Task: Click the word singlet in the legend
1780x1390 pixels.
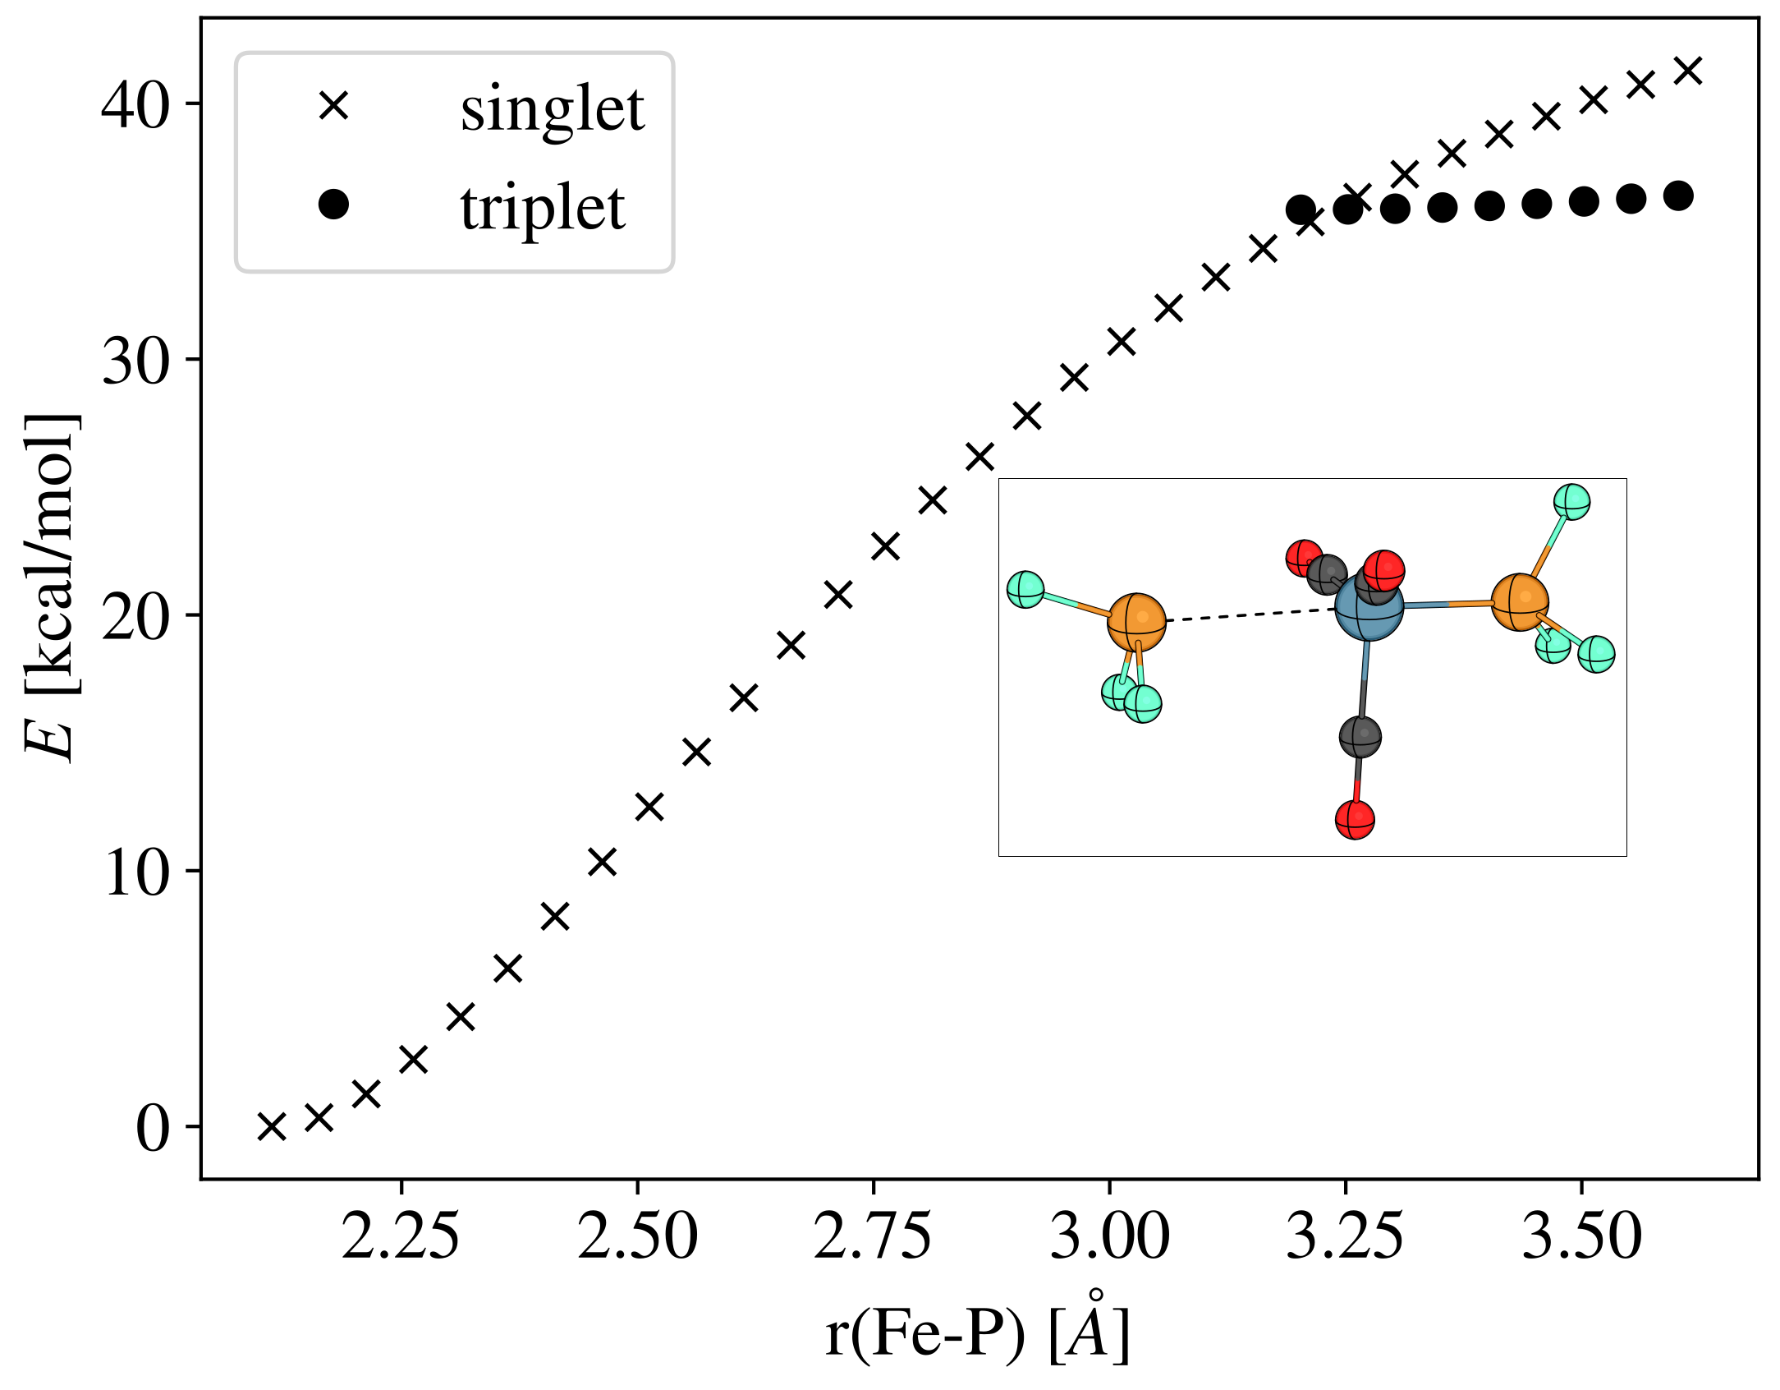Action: pyautogui.click(x=552, y=109)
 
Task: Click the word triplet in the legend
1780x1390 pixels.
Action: pyautogui.click(x=543, y=208)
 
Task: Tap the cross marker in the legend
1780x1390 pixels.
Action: pyautogui.click(x=334, y=106)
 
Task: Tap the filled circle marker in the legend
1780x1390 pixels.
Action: pyautogui.click(x=333, y=204)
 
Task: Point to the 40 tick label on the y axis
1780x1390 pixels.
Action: pyautogui.click(x=135, y=105)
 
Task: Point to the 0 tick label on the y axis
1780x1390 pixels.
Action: pyautogui.click(x=153, y=1129)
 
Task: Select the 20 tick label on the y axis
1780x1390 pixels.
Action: pyautogui.click(x=135, y=617)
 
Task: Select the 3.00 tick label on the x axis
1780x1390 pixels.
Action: pyautogui.click(x=1109, y=1237)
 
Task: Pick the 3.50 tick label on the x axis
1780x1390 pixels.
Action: pyautogui.click(x=1581, y=1237)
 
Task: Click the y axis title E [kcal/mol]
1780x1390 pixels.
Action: pyautogui.click(x=51, y=588)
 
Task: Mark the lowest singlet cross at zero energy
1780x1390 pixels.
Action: pyautogui.click(x=272, y=1126)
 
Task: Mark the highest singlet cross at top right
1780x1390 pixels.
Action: pyautogui.click(x=1688, y=71)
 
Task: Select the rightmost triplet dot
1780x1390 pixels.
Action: pyautogui.click(x=1678, y=196)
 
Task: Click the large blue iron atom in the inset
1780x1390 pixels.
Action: pyautogui.click(x=1369, y=607)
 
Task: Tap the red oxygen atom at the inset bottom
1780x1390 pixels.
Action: pyautogui.click(x=1355, y=819)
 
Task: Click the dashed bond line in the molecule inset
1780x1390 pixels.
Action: pyautogui.click(x=1248, y=615)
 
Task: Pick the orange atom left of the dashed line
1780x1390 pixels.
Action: pyautogui.click(x=1136, y=622)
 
